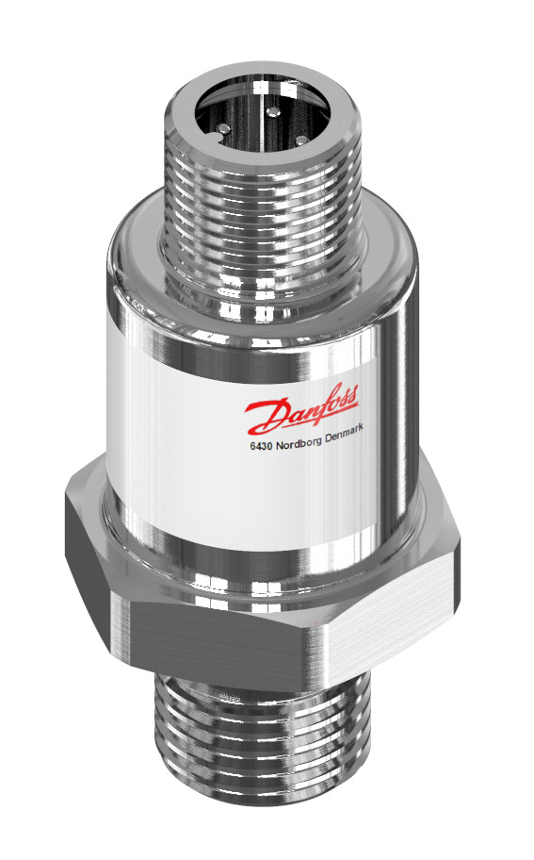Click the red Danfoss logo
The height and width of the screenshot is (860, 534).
click(x=301, y=407)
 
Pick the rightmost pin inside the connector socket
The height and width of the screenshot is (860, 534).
click(x=302, y=141)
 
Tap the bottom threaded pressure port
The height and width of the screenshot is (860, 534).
click(x=254, y=745)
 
